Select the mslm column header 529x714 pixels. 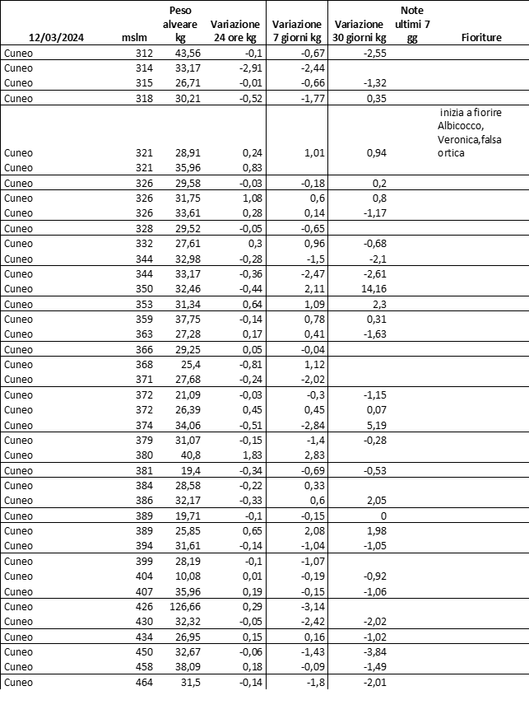coord(133,38)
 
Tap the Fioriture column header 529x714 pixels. coord(482,38)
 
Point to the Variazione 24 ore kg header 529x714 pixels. coord(235,31)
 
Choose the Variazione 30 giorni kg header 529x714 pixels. coord(359,31)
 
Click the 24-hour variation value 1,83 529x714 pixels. coord(250,455)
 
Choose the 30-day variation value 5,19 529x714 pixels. coord(375,425)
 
